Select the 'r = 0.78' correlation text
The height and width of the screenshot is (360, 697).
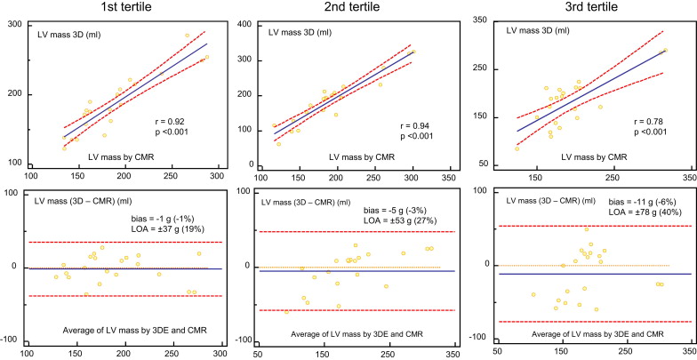click(x=653, y=119)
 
